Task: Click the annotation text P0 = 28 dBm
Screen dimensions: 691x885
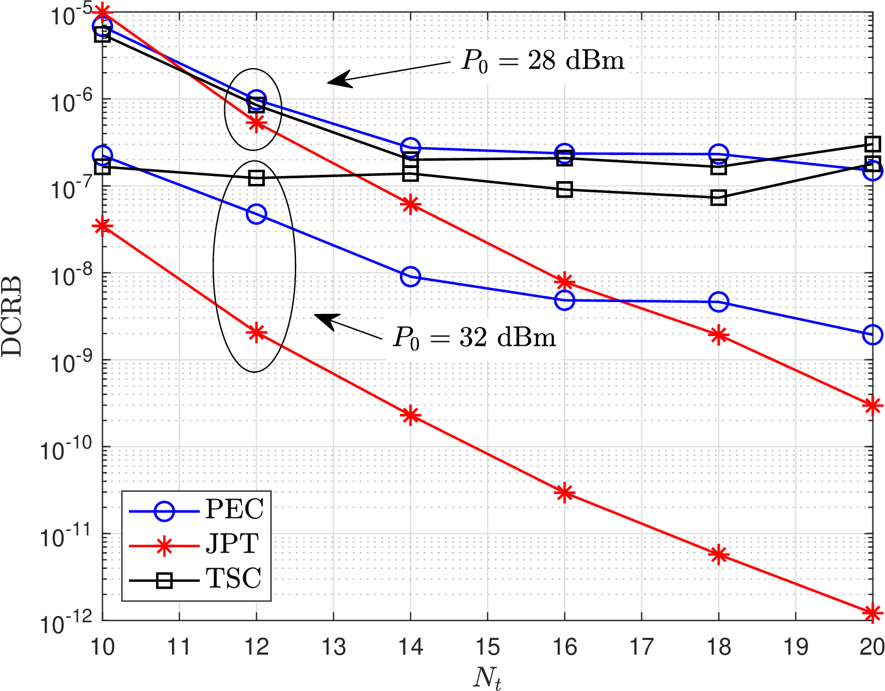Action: (x=542, y=60)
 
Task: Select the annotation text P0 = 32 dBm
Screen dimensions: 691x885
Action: (x=474, y=338)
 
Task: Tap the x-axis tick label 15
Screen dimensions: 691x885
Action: (x=487, y=647)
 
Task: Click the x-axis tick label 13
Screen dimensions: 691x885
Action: (x=333, y=647)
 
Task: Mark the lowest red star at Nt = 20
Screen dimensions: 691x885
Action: (x=873, y=613)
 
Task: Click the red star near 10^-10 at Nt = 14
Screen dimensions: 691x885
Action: (x=410, y=415)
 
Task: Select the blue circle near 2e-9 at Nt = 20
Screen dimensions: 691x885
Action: (x=873, y=335)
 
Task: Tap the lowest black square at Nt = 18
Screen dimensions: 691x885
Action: (x=719, y=198)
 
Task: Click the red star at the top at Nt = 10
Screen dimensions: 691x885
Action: (x=102, y=11)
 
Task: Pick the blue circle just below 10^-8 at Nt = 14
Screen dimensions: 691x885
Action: (x=410, y=277)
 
